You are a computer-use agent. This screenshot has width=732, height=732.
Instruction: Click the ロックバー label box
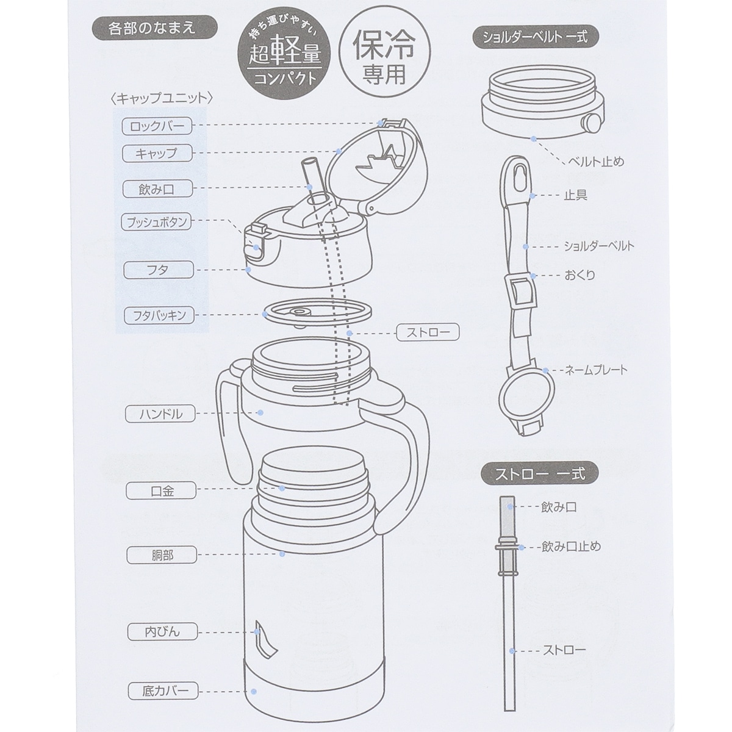[x=157, y=126]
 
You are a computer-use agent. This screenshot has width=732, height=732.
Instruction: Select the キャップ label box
[x=157, y=154]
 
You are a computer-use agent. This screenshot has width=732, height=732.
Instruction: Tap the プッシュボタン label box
[x=157, y=222]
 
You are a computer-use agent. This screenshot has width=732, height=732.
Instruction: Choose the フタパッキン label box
[x=159, y=315]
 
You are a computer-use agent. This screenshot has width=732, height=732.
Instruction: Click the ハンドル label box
[x=160, y=414]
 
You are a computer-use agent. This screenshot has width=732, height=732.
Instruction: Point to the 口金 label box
[x=161, y=491]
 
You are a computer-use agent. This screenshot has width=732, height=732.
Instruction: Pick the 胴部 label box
[x=162, y=556]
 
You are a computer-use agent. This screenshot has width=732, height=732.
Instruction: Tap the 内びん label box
[x=163, y=632]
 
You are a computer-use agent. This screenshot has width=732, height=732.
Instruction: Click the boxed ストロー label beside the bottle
[x=428, y=333]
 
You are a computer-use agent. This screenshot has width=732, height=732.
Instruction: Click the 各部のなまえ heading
[x=155, y=27]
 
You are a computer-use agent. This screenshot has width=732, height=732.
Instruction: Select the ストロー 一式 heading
[x=540, y=474]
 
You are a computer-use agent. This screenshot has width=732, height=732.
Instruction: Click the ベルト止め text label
[x=595, y=162]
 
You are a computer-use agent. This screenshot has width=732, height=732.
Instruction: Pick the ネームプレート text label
[x=596, y=370]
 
